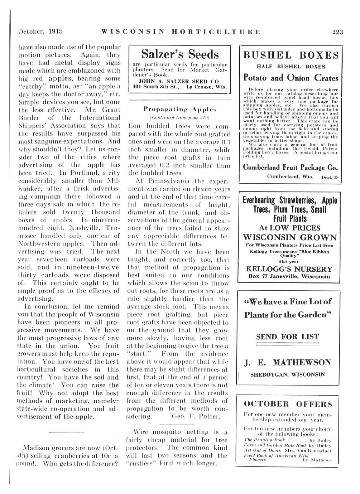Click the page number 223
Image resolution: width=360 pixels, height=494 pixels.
(x=338, y=32)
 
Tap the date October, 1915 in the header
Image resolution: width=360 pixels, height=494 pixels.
(x=40, y=31)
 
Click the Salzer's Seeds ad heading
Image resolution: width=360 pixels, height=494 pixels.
(x=180, y=54)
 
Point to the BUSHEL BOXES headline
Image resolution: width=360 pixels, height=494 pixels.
(x=291, y=55)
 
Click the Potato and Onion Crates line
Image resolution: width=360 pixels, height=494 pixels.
(x=291, y=78)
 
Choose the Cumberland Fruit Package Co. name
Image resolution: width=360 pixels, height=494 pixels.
(x=291, y=167)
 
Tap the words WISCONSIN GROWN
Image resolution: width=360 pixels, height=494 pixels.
(x=290, y=237)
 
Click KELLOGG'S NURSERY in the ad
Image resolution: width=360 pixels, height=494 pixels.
(x=289, y=269)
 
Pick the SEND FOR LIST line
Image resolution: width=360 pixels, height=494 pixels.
(x=287, y=336)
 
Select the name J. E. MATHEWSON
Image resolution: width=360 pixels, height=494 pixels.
(x=287, y=362)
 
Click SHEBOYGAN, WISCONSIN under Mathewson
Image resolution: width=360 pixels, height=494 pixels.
(x=288, y=374)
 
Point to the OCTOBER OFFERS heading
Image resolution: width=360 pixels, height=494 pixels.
(x=288, y=404)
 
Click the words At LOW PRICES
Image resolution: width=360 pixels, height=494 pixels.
(x=290, y=228)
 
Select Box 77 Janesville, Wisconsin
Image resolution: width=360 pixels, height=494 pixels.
(x=289, y=276)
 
